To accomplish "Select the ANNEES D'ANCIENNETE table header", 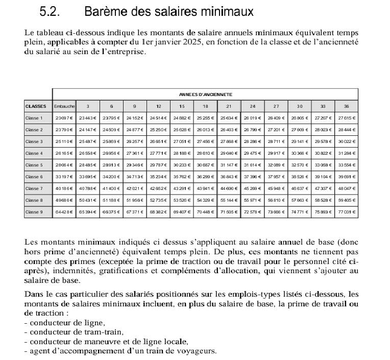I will coord(205,94).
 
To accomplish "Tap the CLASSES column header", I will coord(36,106).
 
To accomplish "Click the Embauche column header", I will coord(64,106).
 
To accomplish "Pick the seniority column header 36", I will coord(347,106).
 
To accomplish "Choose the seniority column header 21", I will coord(229,106).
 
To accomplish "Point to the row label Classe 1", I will coord(34,118).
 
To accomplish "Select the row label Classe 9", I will coord(34,212).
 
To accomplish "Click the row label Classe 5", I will coord(34,165).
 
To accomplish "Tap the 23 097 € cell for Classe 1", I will coord(64,118).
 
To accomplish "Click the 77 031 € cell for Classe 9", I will coord(347,212).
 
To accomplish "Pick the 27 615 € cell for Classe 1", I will coord(347,118).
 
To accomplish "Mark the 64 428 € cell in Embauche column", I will coord(64,212).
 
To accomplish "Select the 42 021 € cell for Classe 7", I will coord(135,188).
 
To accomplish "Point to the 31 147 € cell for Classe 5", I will coord(229,165).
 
